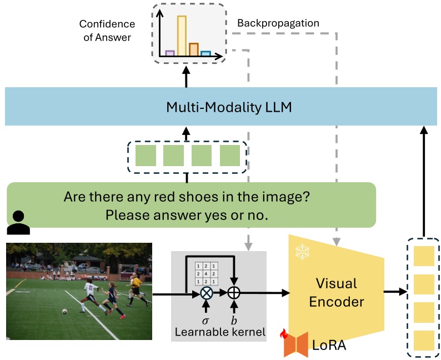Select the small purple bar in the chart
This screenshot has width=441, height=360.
coord(170,53)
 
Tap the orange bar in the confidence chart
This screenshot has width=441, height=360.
coord(193,49)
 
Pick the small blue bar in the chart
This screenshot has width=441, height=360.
coord(206,53)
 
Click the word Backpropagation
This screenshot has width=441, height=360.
coord(278,23)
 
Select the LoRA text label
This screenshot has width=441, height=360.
coord(329,345)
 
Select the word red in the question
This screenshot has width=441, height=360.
coord(183,197)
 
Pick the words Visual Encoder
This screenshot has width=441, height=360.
coord(337,293)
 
